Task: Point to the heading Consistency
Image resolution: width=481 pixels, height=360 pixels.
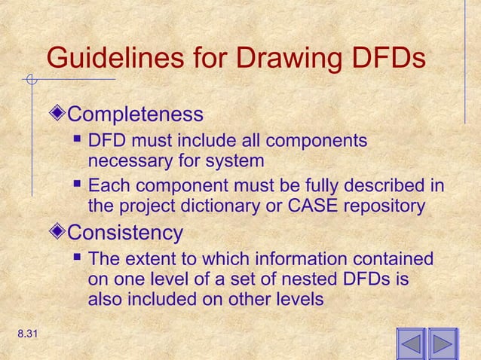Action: [125, 231]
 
